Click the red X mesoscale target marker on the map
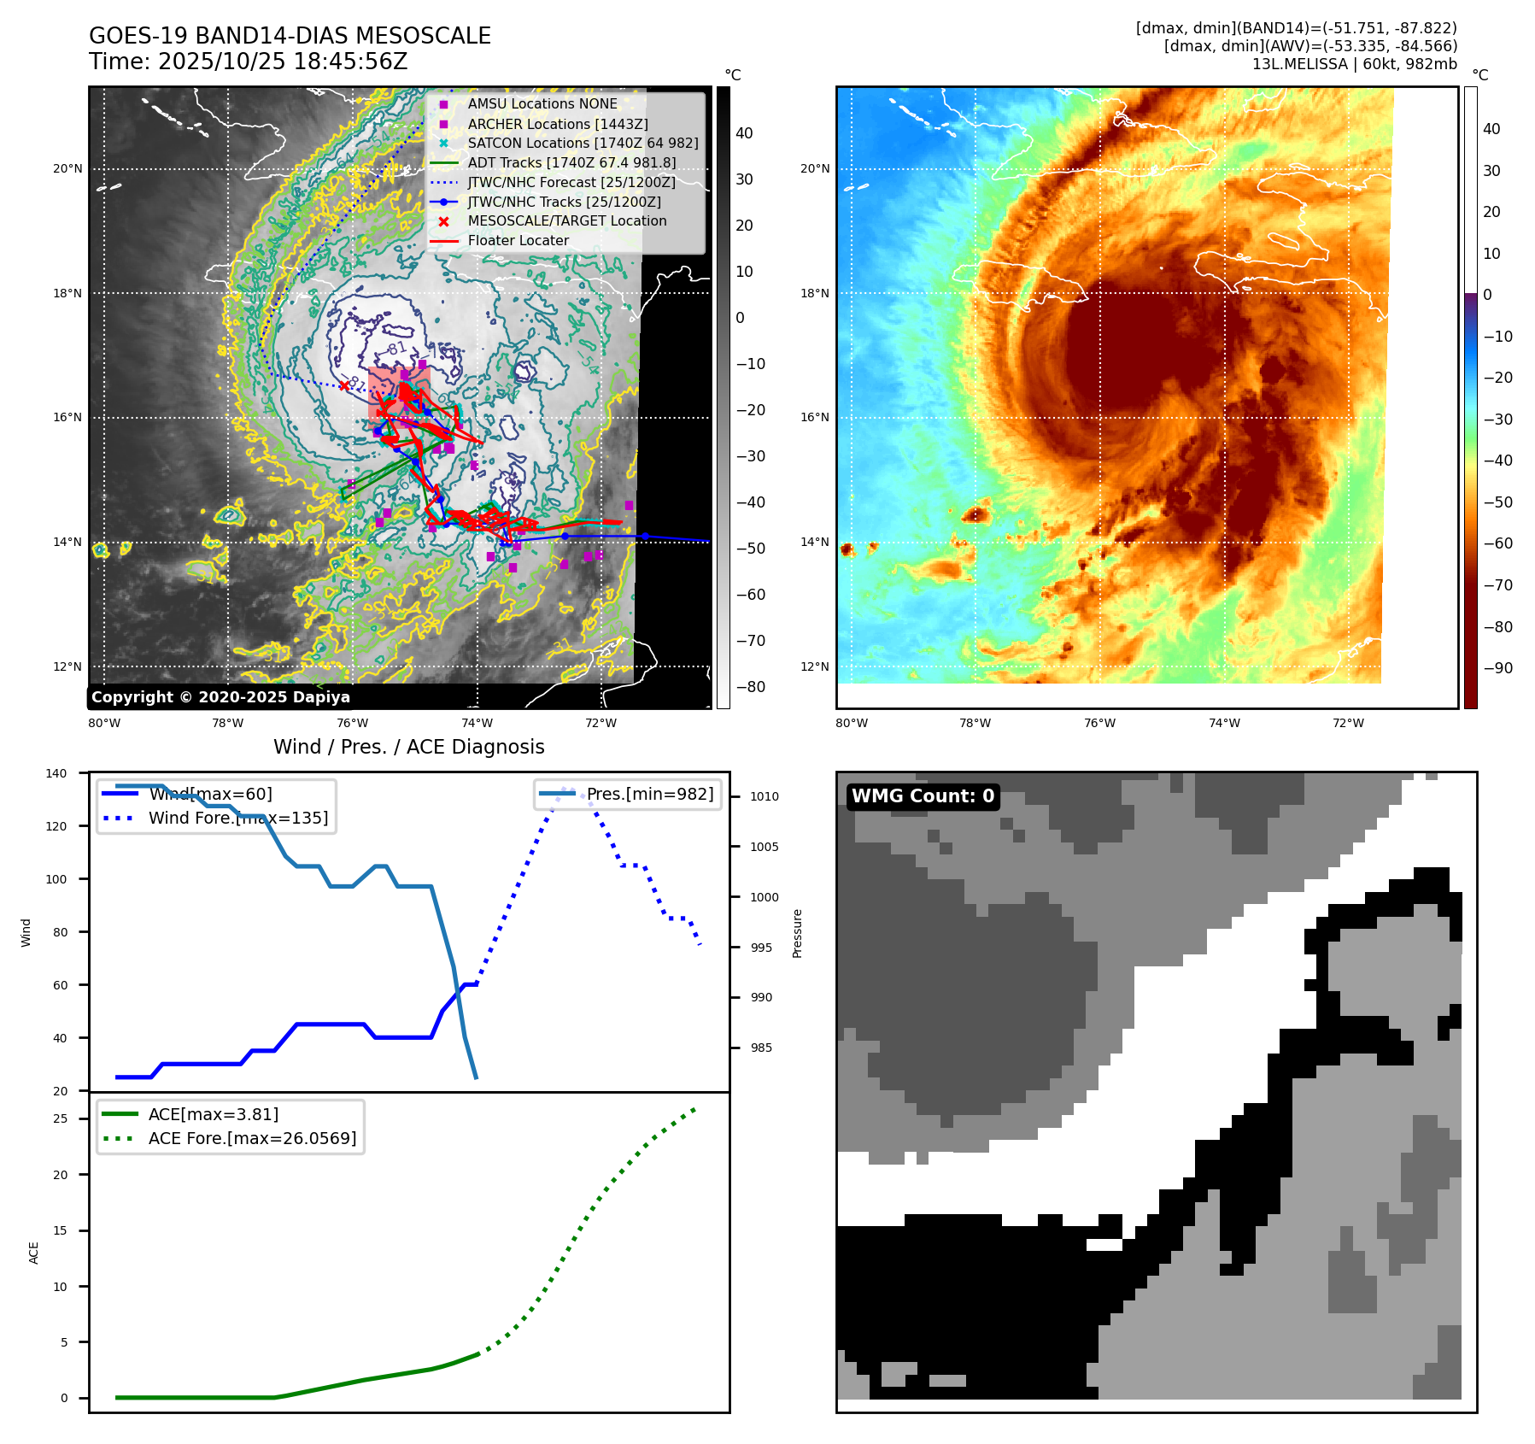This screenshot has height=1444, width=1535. (x=344, y=385)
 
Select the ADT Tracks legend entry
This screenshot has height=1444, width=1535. (x=571, y=162)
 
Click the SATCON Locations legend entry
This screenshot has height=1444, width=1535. (x=583, y=143)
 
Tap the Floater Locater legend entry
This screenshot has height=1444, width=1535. (x=518, y=240)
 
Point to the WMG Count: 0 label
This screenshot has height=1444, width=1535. (x=923, y=795)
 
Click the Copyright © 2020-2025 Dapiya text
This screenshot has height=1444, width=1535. (x=220, y=696)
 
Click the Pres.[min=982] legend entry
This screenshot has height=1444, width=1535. (x=649, y=794)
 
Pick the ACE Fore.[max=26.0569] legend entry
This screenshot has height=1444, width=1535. (x=252, y=1138)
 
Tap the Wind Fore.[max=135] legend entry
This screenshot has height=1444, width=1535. (x=237, y=818)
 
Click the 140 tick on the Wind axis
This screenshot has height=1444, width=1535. (x=56, y=773)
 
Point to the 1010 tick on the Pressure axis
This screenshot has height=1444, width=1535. (x=765, y=796)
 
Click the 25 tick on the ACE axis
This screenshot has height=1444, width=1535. (x=60, y=1118)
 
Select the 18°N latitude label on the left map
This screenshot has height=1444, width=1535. (x=67, y=293)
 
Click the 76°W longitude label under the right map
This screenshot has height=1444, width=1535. (x=1099, y=723)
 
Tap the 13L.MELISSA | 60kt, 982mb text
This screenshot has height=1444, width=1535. (x=1354, y=64)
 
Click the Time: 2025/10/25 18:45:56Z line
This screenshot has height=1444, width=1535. (x=248, y=62)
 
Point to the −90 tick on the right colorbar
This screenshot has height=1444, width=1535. (x=1497, y=668)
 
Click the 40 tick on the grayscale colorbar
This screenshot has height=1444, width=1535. (x=744, y=133)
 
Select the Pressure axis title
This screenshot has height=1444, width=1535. (x=797, y=933)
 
